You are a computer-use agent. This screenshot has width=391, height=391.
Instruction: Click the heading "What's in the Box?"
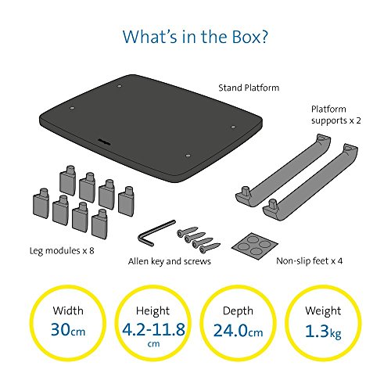coord(195,37)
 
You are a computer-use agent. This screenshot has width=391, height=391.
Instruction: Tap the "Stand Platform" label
coord(249,88)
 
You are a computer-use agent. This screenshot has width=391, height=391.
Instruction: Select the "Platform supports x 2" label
coord(336,115)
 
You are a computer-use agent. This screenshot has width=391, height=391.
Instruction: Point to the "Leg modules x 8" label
coord(62,251)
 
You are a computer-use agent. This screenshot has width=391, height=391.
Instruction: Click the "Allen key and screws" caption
coord(170,261)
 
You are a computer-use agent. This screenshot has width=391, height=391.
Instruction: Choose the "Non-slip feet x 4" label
coord(310,260)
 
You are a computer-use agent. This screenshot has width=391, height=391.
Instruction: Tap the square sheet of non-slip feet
coord(255,246)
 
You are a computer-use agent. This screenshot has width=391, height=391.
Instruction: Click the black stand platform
coord(151,128)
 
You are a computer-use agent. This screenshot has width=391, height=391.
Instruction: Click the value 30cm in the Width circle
coord(68,329)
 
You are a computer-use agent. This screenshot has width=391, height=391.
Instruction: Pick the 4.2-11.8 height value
coord(153,329)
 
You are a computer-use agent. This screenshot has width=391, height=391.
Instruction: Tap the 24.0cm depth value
coord(238,331)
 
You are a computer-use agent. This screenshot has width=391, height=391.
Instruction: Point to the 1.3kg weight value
coord(323,332)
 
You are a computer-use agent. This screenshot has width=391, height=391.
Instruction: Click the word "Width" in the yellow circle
coord(68,310)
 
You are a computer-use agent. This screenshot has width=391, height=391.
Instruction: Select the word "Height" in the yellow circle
coord(152,311)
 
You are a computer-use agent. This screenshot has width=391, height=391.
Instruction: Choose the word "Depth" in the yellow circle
coord(238,311)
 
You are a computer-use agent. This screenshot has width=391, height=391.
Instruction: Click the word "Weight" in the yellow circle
coord(323,311)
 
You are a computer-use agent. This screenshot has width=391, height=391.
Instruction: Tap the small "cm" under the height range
coord(153,344)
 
